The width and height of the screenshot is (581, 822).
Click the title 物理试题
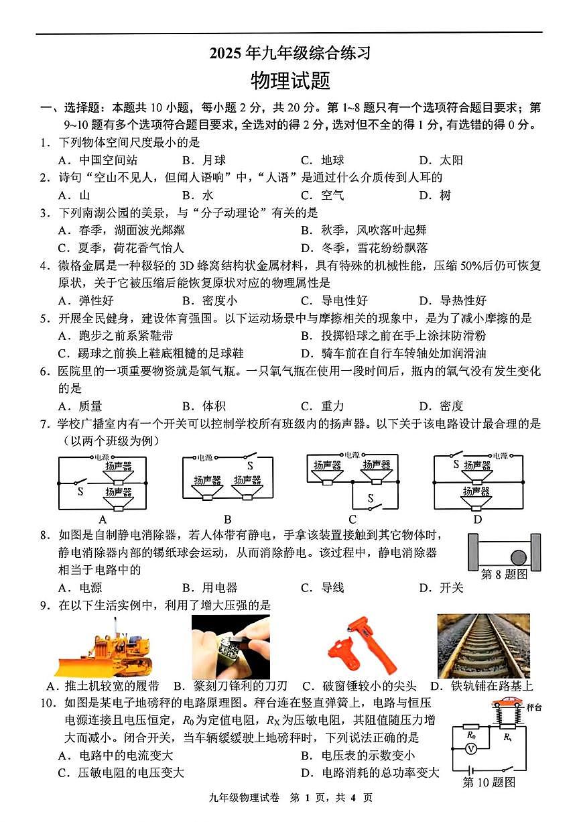(x=290, y=81)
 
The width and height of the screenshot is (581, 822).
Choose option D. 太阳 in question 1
(x=441, y=160)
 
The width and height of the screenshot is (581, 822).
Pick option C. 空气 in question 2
(x=322, y=195)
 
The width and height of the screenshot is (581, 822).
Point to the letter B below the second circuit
(x=228, y=519)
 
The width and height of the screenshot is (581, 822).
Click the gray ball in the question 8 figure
(x=519, y=556)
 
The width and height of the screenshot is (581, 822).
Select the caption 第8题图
(x=504, y=575)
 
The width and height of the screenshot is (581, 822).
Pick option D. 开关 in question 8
(x=441, y=588)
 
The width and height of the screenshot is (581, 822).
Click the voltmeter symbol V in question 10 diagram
(x=472, y=749)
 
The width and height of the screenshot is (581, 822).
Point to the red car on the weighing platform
(x=508, y=703)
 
